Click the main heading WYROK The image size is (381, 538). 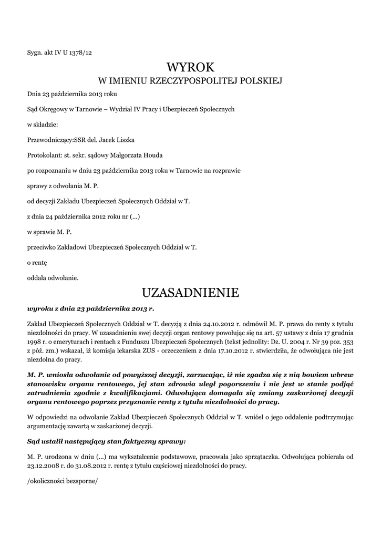(191, 67)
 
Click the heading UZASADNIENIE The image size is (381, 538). (191, 292)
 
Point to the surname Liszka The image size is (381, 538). (125, 140)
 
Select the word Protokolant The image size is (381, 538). (44, 155)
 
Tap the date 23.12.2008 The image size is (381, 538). (44, 465)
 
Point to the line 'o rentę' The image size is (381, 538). (37, 261)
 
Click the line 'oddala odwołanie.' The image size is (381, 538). (53, 276)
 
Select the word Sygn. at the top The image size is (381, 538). (36, 52)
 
